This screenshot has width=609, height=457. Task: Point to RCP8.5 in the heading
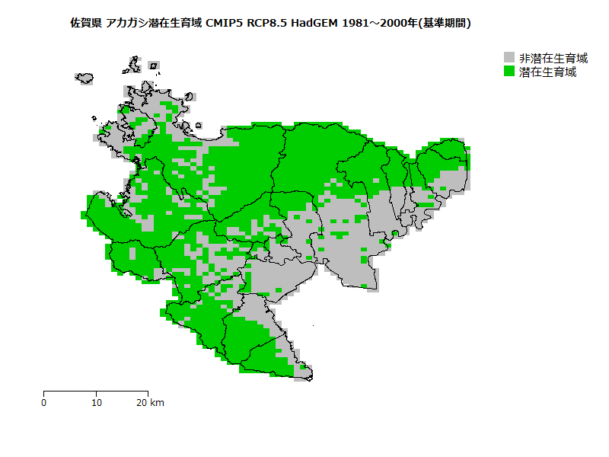pos(267,24)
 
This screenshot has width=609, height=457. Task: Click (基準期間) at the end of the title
pos(445,24)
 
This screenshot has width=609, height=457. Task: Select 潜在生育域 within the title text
pos(176,24)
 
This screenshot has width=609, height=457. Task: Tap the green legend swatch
pos(509,72)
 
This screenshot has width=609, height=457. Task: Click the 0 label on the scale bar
pos(44,403)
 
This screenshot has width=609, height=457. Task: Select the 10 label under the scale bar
pos(96,403)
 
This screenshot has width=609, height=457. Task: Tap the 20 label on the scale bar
pos(142,403)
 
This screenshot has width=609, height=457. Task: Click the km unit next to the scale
pos(158,403)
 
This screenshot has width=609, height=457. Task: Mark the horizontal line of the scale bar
pos(96,391)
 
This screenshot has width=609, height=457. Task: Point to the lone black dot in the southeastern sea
pos(314,325)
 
